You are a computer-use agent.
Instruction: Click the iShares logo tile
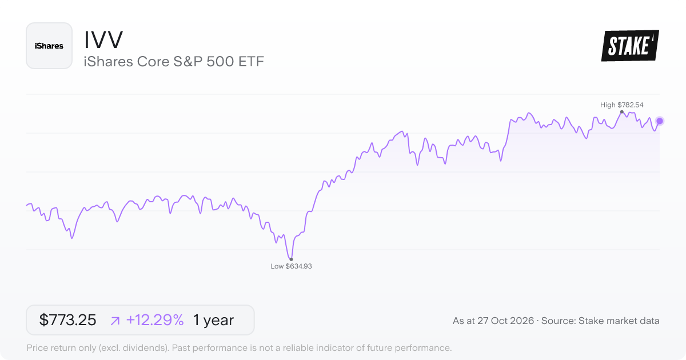click(49, 46)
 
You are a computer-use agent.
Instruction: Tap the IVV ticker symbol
click(103, 40)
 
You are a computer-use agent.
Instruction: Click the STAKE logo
click(630, 46)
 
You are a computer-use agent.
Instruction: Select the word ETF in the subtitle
click(251, 62)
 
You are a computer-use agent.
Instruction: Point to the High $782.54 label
click(622, 105)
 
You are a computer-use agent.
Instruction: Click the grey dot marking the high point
click(622, 112)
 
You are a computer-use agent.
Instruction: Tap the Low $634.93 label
click(291, 266)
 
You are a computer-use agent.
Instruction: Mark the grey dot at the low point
click(291, 259)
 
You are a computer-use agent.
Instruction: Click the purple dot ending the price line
click(660, 121)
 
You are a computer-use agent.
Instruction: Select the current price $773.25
click(67, 320)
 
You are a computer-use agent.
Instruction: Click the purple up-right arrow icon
click(115, 321)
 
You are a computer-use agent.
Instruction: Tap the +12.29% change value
click(155, 320)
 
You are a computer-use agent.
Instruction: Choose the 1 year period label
click(213, 320)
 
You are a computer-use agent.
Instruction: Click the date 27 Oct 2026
click(505, 321)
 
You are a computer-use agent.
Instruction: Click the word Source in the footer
click(559, 321)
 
